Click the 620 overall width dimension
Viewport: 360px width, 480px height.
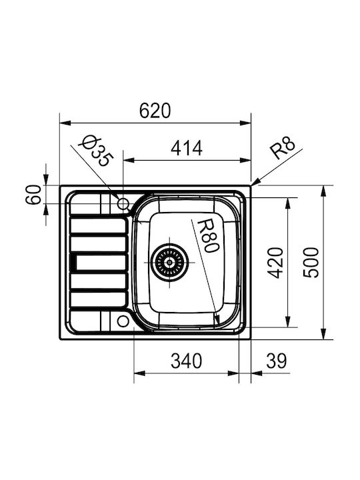[x=155, y=111]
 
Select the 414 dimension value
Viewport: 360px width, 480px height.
[x=187, y=148]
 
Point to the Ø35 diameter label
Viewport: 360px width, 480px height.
[x=96, y=151]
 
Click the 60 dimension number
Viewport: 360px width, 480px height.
[x=33, y=195]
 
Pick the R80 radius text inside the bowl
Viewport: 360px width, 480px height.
[x=208, y=236]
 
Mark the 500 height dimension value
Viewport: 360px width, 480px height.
[x=311, y=263]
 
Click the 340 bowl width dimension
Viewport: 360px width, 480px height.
[x=186, y=361]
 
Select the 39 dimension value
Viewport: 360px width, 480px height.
[x=277, y=361]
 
